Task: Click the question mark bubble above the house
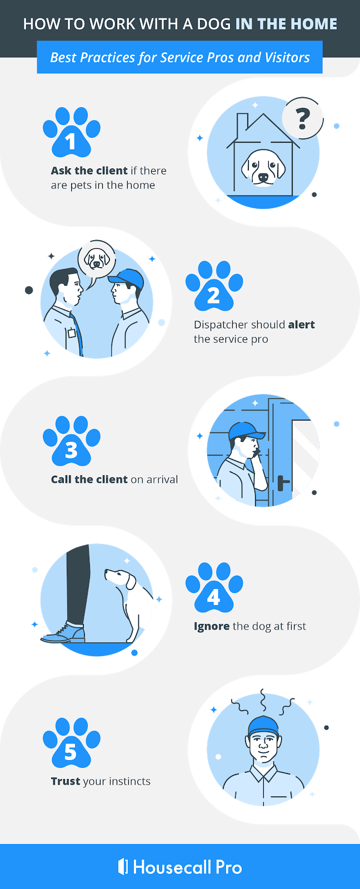pos(302,118)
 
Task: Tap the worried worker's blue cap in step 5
pos(263,725)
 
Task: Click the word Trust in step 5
pos(66,781)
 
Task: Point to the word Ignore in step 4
pos(212,626)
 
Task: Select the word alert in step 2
pos(301,324)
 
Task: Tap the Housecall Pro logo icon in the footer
pos(123,866)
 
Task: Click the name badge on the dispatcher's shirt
pos(71,333)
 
